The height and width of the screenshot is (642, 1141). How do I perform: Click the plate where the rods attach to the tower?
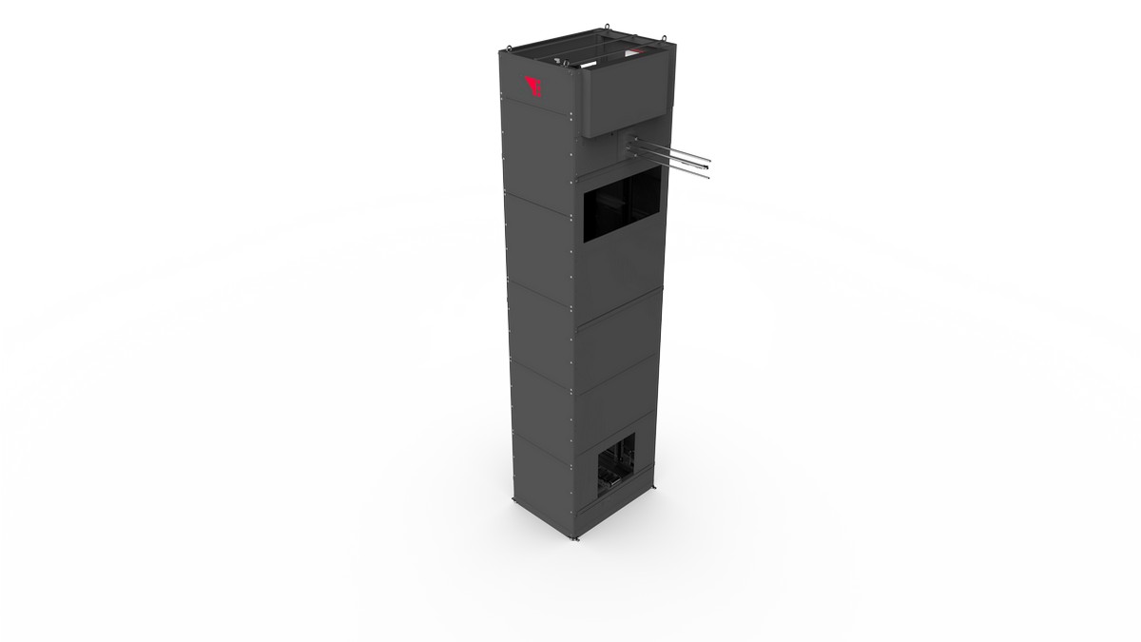[x=634, y=147]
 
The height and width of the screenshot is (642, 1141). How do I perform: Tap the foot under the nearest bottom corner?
[x=575, y=543]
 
